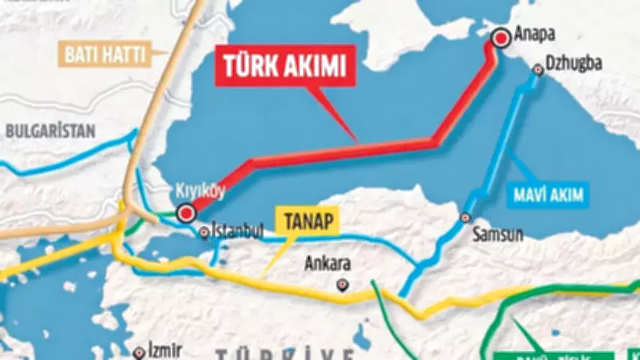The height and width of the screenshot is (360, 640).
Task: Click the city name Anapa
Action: tap(534, 34)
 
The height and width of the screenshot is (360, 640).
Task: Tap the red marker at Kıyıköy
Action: tap(186, 213)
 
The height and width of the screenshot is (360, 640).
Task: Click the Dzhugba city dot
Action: tap(538, 71)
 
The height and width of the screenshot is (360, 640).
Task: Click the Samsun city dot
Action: tap(466, 218)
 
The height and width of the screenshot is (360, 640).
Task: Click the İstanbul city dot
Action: tap(204, 233)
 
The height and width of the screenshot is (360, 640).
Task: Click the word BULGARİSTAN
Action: tap(50, 130)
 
